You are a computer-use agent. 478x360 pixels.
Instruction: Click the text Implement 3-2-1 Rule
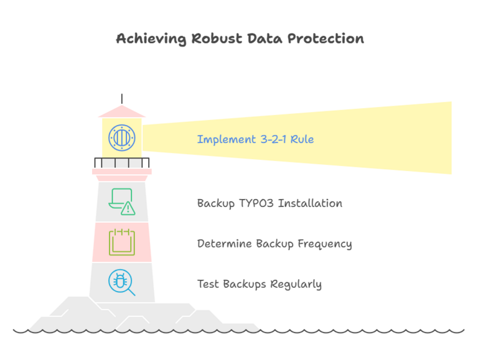255,139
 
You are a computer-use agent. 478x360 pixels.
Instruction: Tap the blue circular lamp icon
121,137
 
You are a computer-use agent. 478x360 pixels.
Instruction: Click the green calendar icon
122,242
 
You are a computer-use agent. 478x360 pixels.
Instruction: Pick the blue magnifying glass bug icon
121,282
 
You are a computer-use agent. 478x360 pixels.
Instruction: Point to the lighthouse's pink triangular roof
122,111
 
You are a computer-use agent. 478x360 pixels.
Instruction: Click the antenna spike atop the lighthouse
122,99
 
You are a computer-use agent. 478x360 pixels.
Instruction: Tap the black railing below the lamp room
122,163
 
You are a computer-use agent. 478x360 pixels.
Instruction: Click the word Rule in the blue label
302,139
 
